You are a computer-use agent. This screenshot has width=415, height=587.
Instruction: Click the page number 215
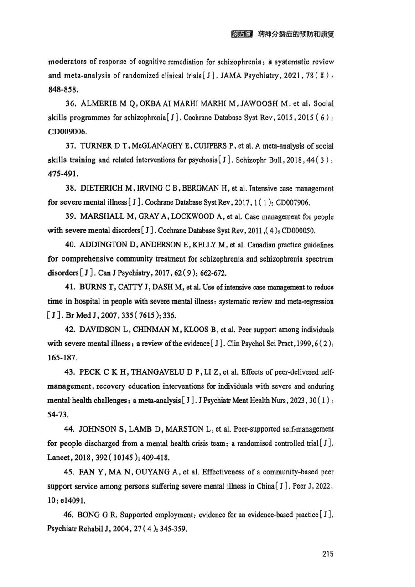(327, 554)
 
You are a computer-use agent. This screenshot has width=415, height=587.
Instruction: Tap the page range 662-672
(212, 273)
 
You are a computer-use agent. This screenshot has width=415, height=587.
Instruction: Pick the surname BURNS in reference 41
(93, 288)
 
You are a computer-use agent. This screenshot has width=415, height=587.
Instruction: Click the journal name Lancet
(59, 457)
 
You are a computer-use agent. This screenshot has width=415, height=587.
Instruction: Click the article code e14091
(73, 500)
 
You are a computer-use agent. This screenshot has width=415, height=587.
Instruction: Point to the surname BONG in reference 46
(91, 515)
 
